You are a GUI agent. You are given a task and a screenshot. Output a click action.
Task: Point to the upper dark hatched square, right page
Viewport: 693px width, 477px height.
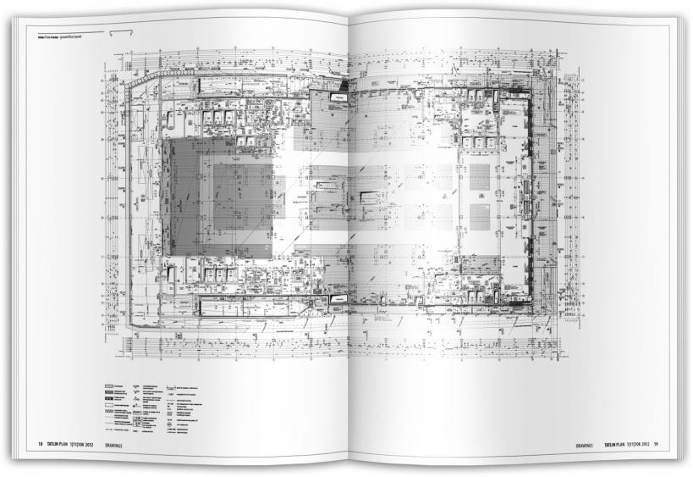478,177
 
